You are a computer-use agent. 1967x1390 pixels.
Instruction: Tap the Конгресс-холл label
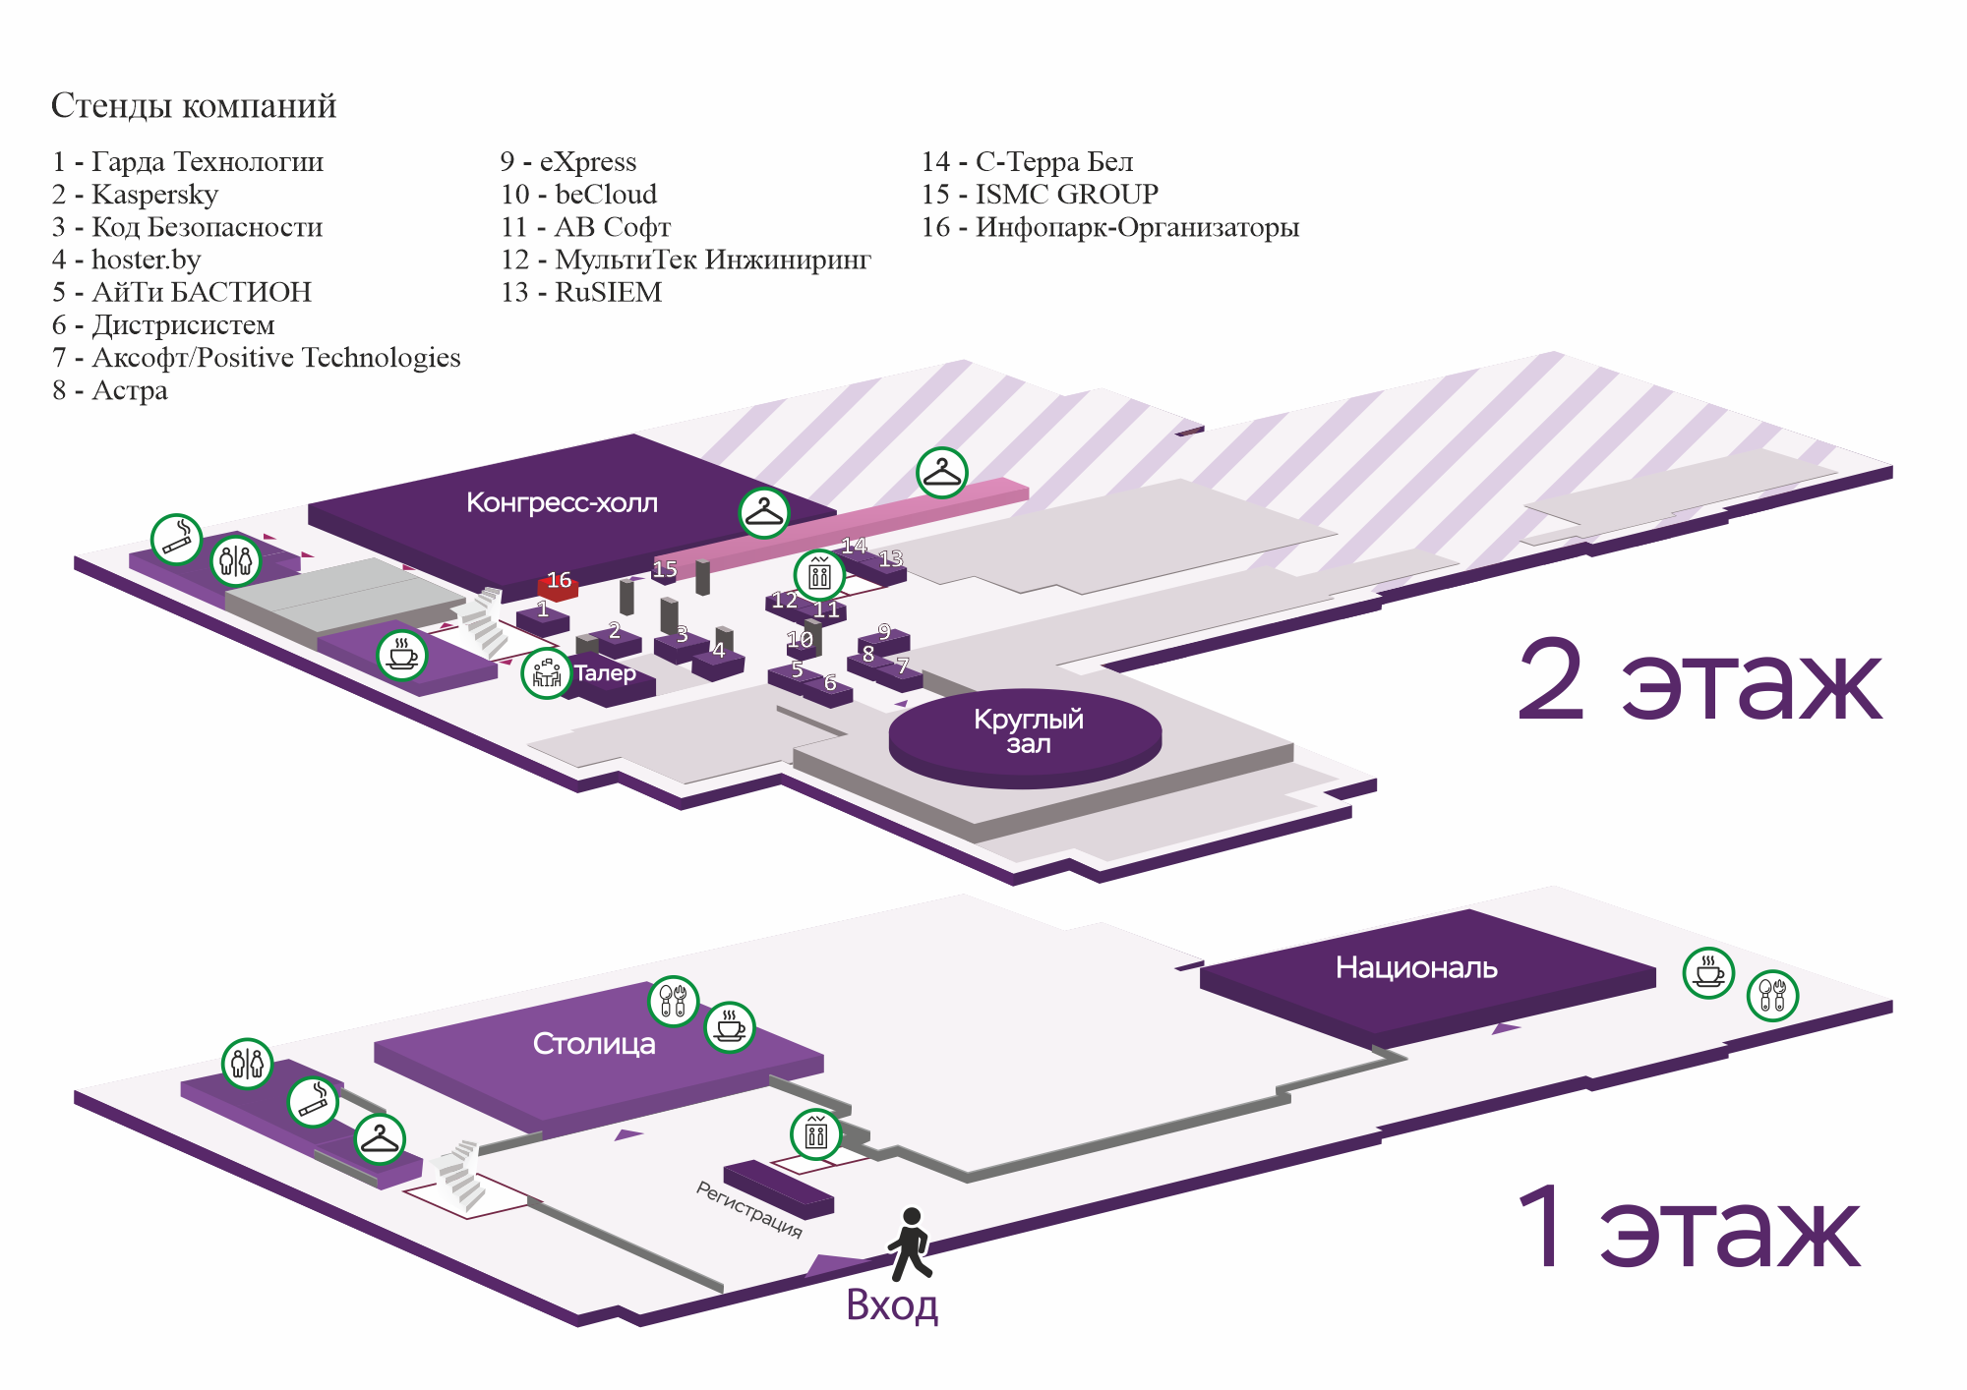pos(562,503)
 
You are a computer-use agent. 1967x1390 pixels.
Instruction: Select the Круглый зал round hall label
pos(1028,731)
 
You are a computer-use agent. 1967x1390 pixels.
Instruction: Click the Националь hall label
pos(1416,968)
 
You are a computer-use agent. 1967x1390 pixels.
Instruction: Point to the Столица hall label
pos(594,1044)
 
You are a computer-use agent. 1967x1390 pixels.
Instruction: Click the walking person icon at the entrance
pos(910,1245)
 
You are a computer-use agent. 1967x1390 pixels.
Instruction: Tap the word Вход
pos(892,1305)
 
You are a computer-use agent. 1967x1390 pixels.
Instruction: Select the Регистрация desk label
pos(749,1209)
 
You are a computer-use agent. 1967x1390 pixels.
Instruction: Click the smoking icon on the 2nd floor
pos(176,539)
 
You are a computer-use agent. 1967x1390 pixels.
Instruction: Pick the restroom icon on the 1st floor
pos(247,1064)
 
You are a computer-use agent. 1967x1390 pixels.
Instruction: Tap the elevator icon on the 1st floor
pos(816,1134)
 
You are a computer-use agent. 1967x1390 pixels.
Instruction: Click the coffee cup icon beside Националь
pos(1708,973)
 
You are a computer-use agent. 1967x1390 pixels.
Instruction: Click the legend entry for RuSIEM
pos(581,293)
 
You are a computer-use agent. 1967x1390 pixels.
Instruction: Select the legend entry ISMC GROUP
pos(1040,195)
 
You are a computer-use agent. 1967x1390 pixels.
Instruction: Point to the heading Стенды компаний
pos(194,106)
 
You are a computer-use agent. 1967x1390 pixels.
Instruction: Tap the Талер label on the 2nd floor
pos(605,674)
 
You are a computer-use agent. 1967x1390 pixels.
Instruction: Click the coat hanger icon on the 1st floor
pos(380,1139)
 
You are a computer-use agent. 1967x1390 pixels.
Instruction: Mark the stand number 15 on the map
pos(665,569)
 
